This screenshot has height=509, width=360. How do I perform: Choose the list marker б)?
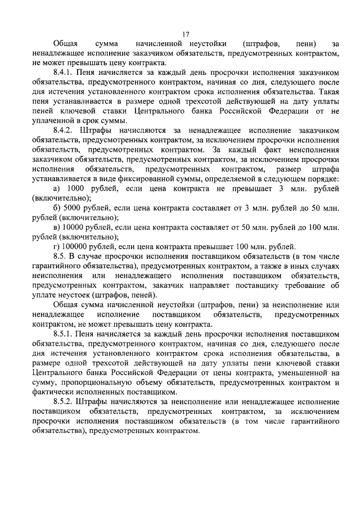(57, 208)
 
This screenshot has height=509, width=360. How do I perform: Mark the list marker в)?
(57, 227)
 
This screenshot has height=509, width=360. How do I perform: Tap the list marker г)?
(56, 246)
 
